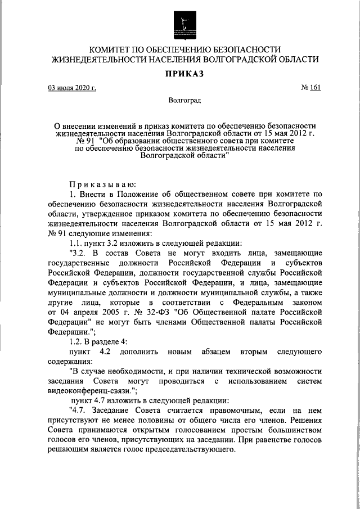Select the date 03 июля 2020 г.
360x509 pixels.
tap(71, 88)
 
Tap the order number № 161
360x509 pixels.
tap(311, 88)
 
